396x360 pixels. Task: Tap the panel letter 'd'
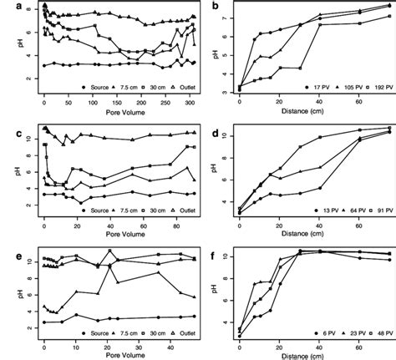[217, 131]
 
